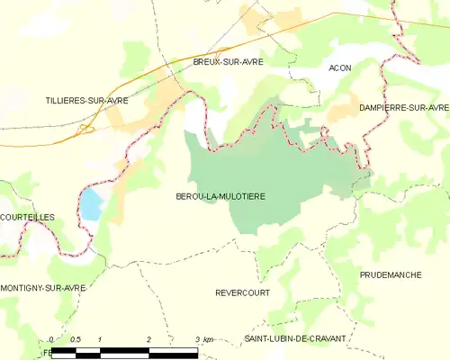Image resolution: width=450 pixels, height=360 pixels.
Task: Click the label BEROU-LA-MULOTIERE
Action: [x=220, y=195]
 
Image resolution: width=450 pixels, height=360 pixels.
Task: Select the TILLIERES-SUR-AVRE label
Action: [x=87, y=101]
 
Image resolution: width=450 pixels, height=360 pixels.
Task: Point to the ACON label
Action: [x=339, y=68]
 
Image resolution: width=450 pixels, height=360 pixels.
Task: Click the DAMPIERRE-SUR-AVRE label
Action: [x=403, y=107]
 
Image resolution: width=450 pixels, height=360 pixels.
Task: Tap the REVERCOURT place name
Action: [x=242, y=293]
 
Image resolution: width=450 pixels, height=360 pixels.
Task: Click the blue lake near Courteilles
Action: [x=91, y=205]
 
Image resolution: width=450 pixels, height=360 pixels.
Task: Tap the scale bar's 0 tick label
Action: [x=52, y=339]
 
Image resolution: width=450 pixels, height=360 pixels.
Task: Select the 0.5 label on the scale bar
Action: [x=76, y=339]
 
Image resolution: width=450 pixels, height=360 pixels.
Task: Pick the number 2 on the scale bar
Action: [x=148, y=339]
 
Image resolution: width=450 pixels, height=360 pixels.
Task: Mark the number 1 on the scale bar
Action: [x=100, y=339]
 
